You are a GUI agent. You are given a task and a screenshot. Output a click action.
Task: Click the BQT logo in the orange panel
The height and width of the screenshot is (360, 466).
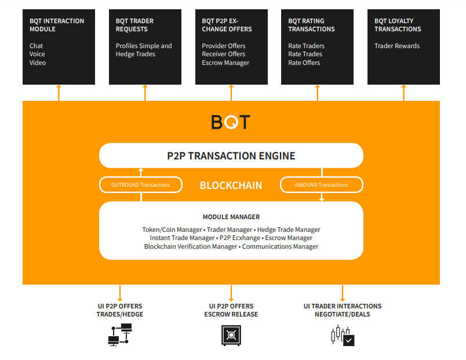pos(231,122)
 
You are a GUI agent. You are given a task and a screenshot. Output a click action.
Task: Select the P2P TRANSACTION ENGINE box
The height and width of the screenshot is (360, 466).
pos(231,155)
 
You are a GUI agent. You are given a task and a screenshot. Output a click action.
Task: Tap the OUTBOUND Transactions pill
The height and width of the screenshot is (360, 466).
pos(141,185)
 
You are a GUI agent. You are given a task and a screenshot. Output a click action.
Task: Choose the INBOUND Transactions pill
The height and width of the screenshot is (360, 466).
pos(322,185)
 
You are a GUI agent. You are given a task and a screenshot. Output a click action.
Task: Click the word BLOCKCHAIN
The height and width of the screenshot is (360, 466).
pos(231,186)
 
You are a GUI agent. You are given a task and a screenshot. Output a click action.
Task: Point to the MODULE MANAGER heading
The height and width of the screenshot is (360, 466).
pos(231,217)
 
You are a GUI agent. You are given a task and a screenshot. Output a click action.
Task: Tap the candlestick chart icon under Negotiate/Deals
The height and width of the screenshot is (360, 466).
pos(342,336)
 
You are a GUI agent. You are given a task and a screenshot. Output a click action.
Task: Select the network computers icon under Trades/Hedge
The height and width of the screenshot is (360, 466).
pos(120,335)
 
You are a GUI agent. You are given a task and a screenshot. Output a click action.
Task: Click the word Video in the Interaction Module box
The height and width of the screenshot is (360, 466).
pos(38,63)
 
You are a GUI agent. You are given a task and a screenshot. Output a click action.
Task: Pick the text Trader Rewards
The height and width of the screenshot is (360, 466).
pos(397,46)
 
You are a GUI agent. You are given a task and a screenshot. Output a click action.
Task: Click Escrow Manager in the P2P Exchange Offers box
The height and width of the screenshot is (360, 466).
pos(225,63)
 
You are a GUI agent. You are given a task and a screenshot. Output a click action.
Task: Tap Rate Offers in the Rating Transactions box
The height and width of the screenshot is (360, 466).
pos(304,63)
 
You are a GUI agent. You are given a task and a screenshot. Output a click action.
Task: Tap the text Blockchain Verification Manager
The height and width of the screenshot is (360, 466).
pos(191,246)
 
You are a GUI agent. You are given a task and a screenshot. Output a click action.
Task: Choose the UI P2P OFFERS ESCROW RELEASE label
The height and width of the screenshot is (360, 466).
pos(231,310)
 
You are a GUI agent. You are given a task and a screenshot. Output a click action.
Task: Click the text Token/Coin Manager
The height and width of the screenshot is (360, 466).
pos(165,230)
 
